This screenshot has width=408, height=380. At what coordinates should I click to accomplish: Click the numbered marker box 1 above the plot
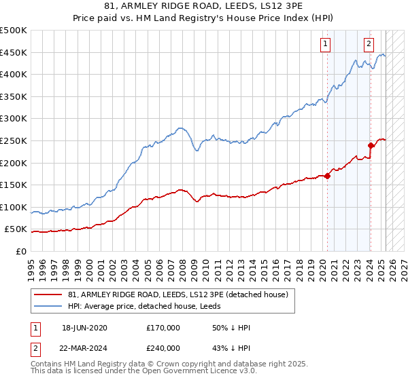[x=326, y=44]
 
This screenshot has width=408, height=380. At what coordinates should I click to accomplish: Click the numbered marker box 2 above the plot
[x=369, y=44]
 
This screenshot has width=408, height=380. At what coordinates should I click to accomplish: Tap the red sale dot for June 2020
[x=327, y=176]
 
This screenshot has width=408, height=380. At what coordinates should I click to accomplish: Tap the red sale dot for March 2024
[x=371, y=145]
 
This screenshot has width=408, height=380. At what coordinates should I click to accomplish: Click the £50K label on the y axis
[x=16, y=229]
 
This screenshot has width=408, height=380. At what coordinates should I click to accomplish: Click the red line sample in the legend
[x=48, y=294]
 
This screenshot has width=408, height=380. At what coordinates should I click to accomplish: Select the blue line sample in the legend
[x=48, y=306]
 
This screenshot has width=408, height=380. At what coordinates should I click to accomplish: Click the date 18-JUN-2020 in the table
[x=84, y=328]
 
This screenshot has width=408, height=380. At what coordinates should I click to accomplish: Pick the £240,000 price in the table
[x=163, y=347]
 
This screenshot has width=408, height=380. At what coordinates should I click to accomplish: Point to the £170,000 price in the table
[x=163, y=328]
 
